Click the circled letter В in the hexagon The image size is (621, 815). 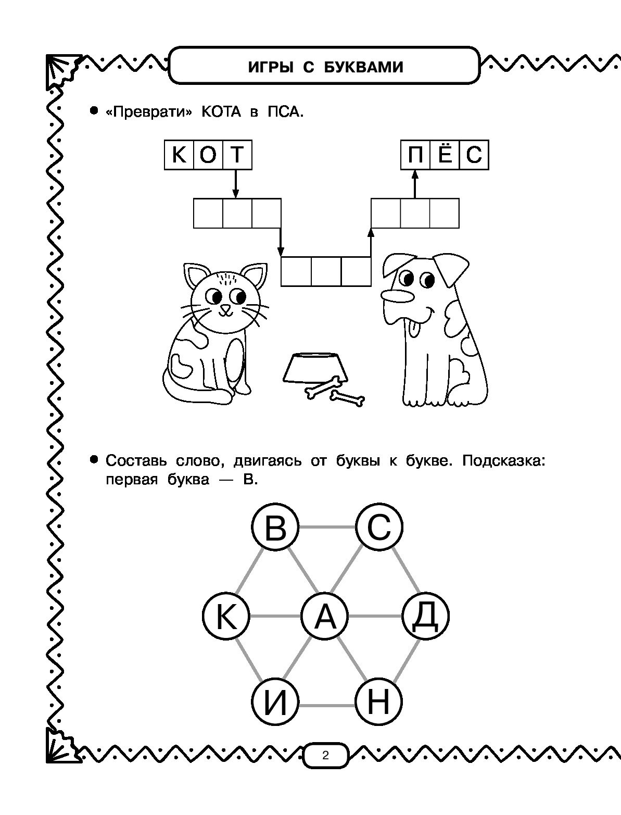coord(275,528)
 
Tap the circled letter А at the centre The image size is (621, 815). coord(325,616)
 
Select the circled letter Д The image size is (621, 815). coord(426,616)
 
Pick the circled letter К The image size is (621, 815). coord(225,617)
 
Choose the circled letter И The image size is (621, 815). coord(275,704)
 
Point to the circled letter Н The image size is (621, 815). coord(378,704)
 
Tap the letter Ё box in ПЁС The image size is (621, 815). coord(445,155)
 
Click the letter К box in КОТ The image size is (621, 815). coord(179,155)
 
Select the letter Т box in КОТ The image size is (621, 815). coord(237,155)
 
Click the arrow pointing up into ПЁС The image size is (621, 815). coord(415,184)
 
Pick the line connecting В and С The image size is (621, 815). coord(327,528)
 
